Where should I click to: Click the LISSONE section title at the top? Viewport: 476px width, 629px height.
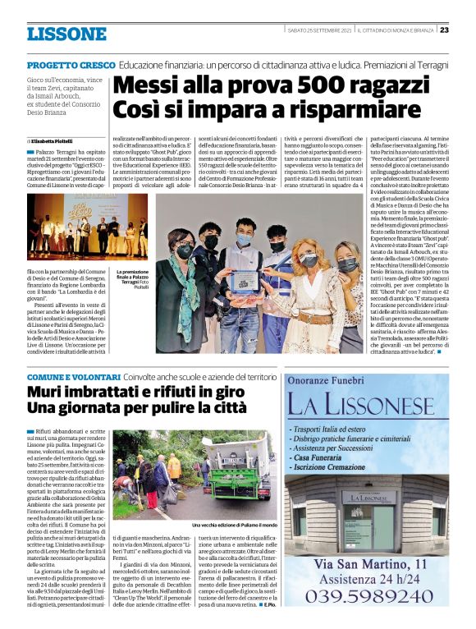[x=66, y=34]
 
